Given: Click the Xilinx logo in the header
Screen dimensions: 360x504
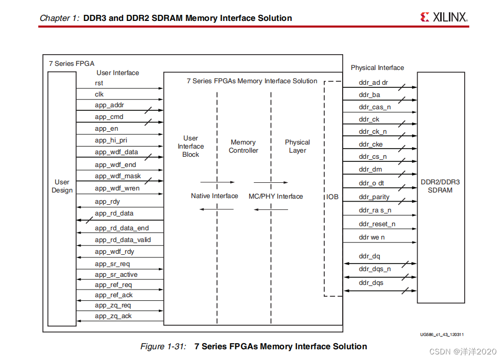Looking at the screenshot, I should pyautogui.click(x=444, y=17).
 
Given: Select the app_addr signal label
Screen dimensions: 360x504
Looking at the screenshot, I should pyautogui.click(x=109, y=105).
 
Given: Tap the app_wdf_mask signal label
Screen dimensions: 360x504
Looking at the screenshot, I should pyautogui.click(x=117, y=176).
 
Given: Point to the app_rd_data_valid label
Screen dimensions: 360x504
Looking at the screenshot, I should pyautogui.click(x=123, y=239).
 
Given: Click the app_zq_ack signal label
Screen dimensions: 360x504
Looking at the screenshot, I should pyautogui.click(x=113, y=316).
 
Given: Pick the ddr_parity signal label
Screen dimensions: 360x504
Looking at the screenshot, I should pyautogui.click(x=374, y=197).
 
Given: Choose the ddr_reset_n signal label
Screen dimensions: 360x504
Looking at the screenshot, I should pyautogui.click(x=377, y=224).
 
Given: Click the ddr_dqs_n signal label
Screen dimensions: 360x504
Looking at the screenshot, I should pyautogui.click(x=375, y=269).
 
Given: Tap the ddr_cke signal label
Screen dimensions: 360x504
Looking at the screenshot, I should pyautogui.click(x=371, y=145).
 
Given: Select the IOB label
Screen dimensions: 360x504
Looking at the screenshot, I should pyautogui.click(x=332, y=197).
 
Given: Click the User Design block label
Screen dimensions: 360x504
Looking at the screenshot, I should pyautogui.click(x=62, y=186).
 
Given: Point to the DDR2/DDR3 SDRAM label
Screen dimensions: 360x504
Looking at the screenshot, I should pyautogui.click(x=440, y=186).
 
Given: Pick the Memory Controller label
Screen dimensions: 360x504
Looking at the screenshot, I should pyautogui.click(x=244, y=147).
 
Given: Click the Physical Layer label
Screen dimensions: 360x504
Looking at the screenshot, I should pyautogui.click(x=297, y=146).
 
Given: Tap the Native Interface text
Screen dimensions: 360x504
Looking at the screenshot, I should pyautogui.click(x=214, y=196).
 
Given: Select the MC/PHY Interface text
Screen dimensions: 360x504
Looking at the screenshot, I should pyautogui.click(x=276, y=196).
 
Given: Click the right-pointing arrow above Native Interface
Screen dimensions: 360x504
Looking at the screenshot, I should pyautogui.click(x=217, y=182).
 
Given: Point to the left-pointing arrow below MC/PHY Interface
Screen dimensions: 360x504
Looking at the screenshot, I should pyautogui.click(x=271, y=209).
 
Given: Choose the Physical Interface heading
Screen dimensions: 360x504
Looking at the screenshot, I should pyautogui.click(x=377, y=68).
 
